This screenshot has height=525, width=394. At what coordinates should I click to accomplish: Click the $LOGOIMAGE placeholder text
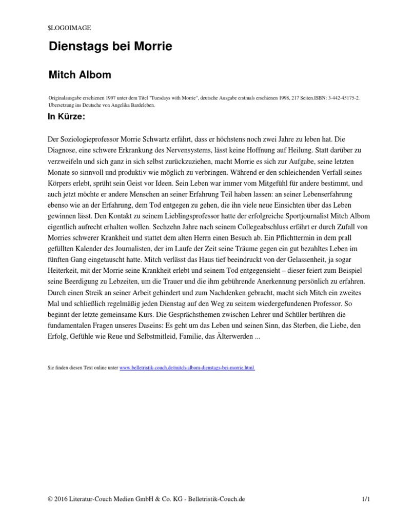(69, 28)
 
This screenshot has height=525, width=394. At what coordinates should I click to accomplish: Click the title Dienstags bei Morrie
(110, 47)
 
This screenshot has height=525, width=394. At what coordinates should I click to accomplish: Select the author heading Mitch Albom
(80, 75)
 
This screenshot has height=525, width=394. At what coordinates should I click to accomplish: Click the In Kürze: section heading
(67, 116)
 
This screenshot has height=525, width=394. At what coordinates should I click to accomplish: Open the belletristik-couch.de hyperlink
(187, 368)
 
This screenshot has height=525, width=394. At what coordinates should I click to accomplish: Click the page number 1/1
(351, 499)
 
